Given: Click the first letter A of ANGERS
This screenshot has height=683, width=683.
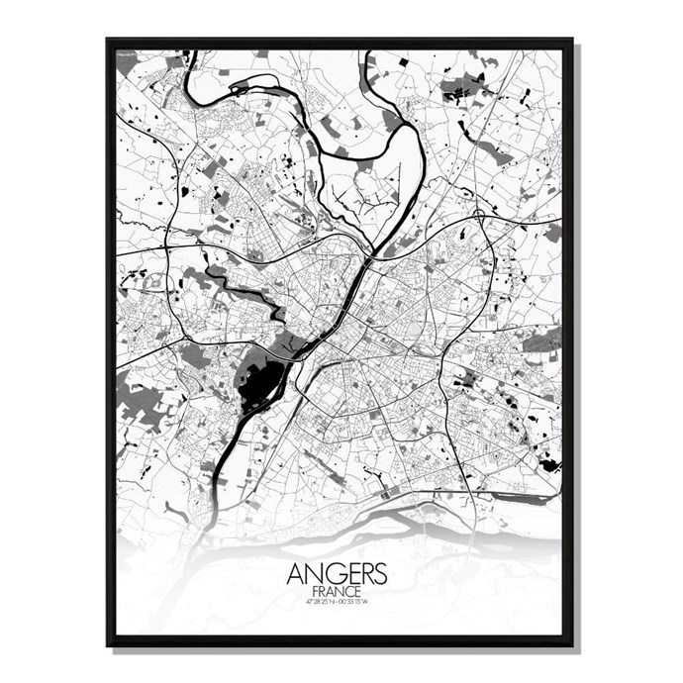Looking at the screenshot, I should (x=296, y=575).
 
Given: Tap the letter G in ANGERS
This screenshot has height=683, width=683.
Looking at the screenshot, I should (x=330, y=575).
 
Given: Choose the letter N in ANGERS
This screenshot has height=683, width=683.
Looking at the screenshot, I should (x=313, y=575).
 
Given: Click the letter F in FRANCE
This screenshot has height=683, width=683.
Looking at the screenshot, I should (x=314, y=591).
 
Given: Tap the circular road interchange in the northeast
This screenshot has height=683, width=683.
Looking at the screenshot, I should (x=479, y=214).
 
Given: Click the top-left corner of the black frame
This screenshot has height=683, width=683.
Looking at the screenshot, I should (x=109, y=41).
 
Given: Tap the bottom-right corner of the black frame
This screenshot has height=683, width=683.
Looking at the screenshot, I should (x=571, y=644).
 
